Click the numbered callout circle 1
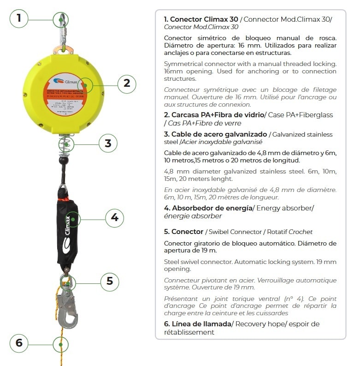coord(19,19)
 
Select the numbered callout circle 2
coord(127,84)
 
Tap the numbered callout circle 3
coord(108,143)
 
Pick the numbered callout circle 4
coord(114,217)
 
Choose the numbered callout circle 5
coord(110,281)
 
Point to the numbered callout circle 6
coord(19,343)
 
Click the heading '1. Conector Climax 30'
coord(201,19)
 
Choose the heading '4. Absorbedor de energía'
coord(208,208)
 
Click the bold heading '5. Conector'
coord(183,231)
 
